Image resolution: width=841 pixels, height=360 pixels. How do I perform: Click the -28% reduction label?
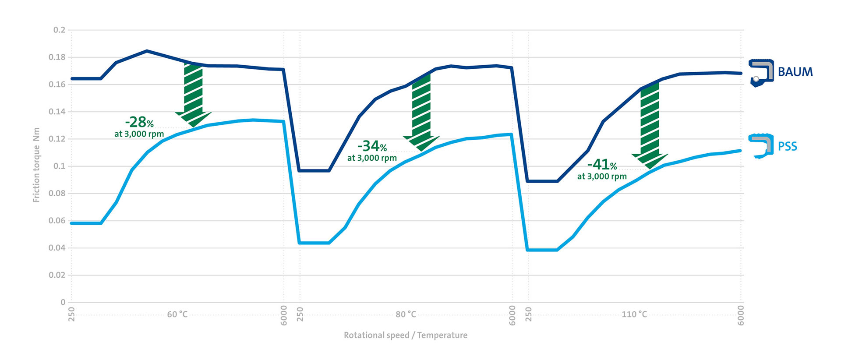coord(139,122)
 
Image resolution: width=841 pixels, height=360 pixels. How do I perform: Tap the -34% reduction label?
coord(372,146)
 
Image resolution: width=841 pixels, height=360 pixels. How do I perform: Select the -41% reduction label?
coord(602,165)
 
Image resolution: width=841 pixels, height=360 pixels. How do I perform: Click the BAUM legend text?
coord(795,72)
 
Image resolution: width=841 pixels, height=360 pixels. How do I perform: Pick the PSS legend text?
coord(787,147)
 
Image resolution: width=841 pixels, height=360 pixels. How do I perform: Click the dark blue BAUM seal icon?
coord(761,73)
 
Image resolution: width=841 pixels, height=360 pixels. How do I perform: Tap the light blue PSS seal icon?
coord(761,146)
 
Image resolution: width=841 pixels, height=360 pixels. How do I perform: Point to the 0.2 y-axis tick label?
coord(59,30)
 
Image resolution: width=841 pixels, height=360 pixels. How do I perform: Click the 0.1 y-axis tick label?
coord(59,166)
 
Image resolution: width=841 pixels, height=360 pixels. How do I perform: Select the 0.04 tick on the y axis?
coord(57,248)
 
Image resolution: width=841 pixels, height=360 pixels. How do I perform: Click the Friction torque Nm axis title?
coord(36,165)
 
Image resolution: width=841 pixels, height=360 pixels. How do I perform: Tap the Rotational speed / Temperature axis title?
coord(405,335)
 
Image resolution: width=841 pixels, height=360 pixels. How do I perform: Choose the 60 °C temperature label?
coord(177,314)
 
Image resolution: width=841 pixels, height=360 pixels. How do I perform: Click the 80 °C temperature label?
coord(406,314)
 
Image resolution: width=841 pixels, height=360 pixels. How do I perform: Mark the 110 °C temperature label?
coord(634,314)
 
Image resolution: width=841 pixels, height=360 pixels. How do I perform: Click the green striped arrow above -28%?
coord(193,94)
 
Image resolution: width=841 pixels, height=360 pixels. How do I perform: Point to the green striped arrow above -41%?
coord(650,125)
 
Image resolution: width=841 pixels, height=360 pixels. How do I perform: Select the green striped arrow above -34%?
coord(421,112)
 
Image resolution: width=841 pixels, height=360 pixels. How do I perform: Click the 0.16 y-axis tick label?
coord(57,85)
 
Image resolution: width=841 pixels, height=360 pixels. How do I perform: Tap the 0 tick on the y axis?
coord(63,302)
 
